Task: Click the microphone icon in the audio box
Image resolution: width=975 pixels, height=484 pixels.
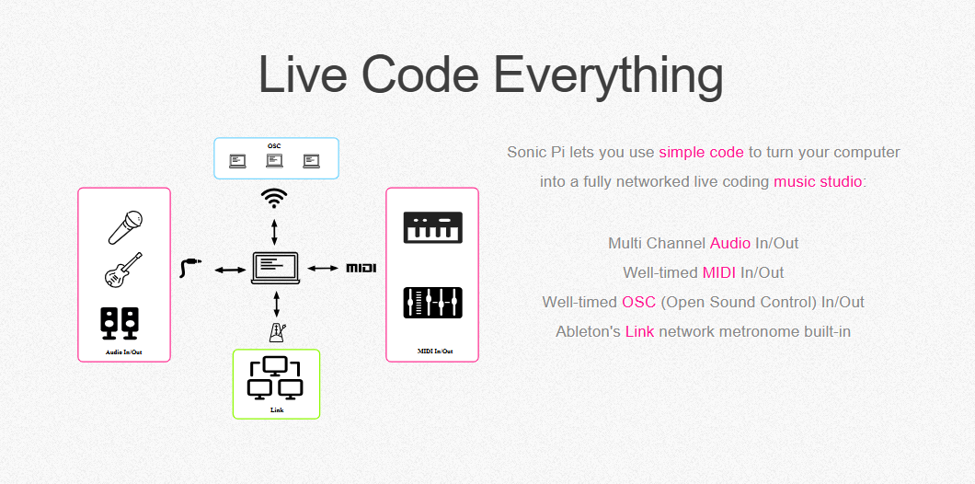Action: (125, 227)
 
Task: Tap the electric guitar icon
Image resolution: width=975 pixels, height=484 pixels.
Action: (123, 270)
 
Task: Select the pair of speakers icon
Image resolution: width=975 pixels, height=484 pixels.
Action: (120, 324)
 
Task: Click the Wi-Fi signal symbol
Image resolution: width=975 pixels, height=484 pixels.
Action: (274, 198)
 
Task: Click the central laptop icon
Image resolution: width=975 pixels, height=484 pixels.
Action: (275, 268)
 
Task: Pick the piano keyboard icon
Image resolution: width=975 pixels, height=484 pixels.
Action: (433, 227)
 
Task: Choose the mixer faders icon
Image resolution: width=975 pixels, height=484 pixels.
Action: (433, 303)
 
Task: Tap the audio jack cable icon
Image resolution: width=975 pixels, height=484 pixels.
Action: (190, 268)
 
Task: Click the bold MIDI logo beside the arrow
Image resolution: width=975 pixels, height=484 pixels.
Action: (361, 268)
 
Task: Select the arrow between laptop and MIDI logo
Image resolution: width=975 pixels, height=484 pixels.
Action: (324, 268)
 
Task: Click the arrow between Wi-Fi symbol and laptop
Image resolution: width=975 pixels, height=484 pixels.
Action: (274, 232)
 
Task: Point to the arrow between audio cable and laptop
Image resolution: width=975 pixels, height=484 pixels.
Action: (231, 270)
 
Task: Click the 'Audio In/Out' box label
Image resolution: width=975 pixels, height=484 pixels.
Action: (124, 352)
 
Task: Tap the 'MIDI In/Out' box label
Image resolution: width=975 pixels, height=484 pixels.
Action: (435, 351)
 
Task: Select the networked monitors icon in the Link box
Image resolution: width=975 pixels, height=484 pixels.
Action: (275, 378)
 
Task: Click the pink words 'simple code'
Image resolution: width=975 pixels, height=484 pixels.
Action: (702, 153)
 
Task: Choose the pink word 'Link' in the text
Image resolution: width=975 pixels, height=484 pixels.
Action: (640, 331)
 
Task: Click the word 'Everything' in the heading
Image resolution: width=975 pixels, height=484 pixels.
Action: (608, 75)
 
